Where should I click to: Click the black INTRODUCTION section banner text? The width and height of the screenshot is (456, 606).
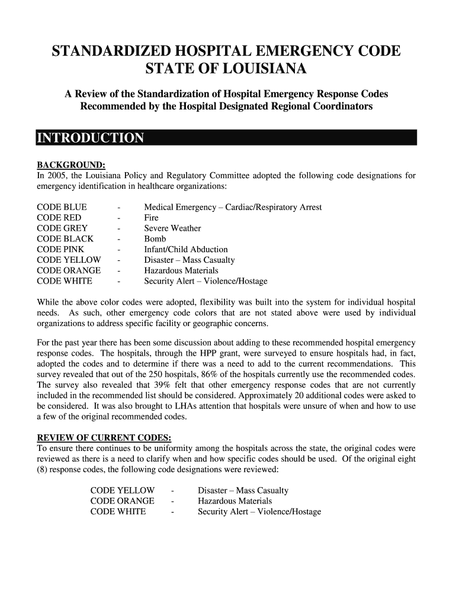click(90, 138)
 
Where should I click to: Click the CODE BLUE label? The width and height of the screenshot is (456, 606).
click(62, 207)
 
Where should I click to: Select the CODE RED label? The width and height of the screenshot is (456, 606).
click(59, 218)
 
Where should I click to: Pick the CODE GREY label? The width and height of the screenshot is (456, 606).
click(62, 228)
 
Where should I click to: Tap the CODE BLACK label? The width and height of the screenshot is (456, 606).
click(65, 239)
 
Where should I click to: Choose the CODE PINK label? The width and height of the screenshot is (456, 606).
click(60, 250)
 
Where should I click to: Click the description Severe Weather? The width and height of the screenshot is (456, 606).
click(172, 228)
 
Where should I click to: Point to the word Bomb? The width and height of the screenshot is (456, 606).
click(155, 239)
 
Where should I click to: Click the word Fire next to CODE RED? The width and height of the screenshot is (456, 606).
click(152, 218)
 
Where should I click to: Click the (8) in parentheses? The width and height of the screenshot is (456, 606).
click(43, 469)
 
